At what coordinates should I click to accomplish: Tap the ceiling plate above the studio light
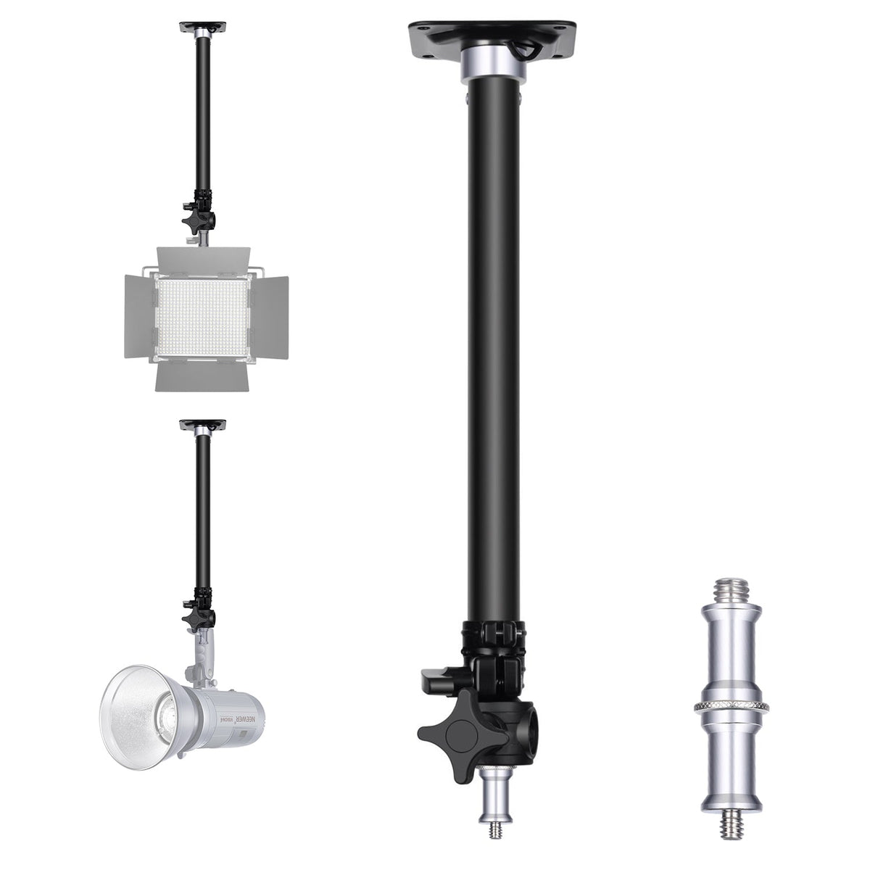tap(203, 423)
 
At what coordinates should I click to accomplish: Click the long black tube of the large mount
tap(492, 348)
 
